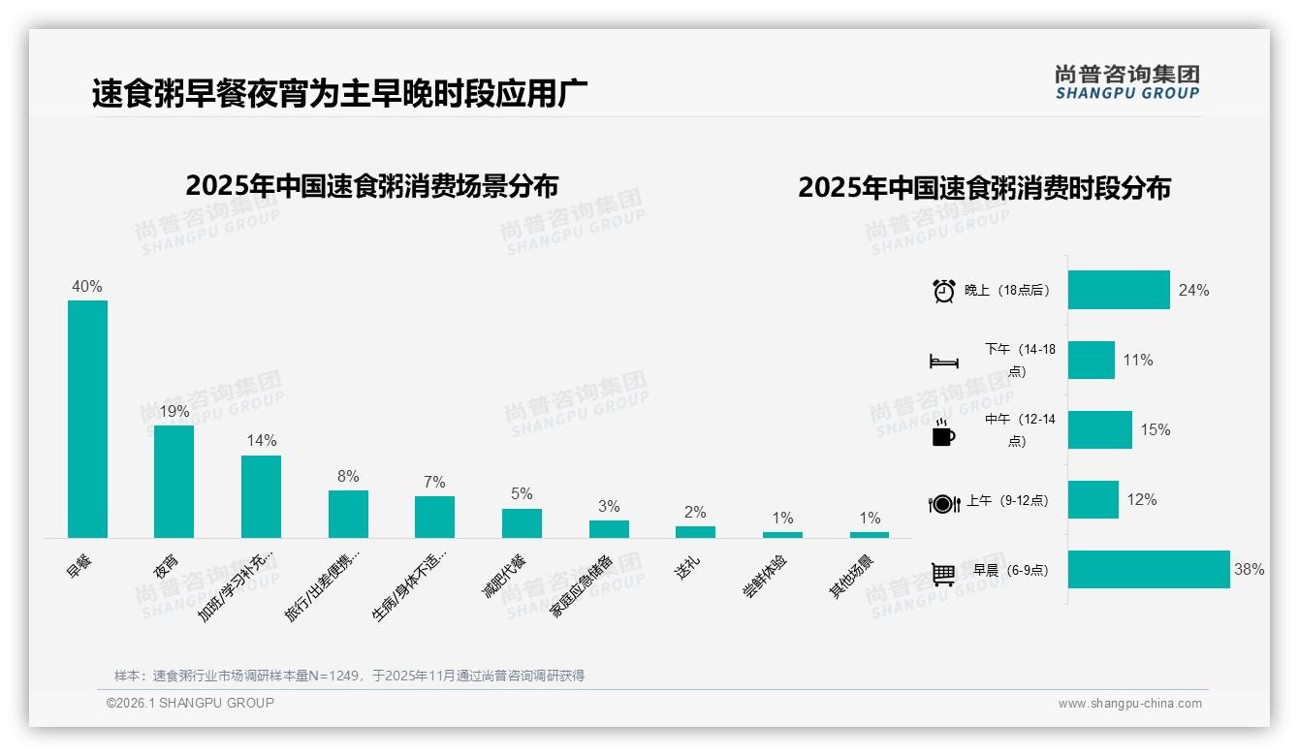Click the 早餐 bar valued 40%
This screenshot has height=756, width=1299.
click(x=87, y=419)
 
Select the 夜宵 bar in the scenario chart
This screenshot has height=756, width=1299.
click(x=174, y=482)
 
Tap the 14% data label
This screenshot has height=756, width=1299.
click(x=261, y=440)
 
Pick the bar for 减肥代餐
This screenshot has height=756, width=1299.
click(x=522, y=523)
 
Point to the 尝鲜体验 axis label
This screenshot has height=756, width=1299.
click(x=765, y=576)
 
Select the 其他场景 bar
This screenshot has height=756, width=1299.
click(x=870, y=534)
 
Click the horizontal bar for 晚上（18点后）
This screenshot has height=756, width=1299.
click(x=1119, y=290)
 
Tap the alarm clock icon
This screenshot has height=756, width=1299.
click(x=943, y=291)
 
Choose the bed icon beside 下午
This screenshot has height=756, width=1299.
click(x=943, y=362)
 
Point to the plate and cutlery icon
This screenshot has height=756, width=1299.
click(x=943, y=503)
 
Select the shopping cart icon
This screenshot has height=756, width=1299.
click(x=943, y=574)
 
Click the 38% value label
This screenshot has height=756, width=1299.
click(x=1249, y=570)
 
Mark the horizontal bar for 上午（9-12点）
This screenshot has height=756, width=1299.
click(x=1093, y=500)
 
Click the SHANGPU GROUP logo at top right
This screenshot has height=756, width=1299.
click(x=1126, y=82)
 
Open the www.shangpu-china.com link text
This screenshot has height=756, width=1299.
click(x=1129, y=704)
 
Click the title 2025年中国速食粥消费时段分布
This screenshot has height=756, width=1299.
click(x=984, y=187)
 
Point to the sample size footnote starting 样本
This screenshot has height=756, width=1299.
click(x=349, y=676)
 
